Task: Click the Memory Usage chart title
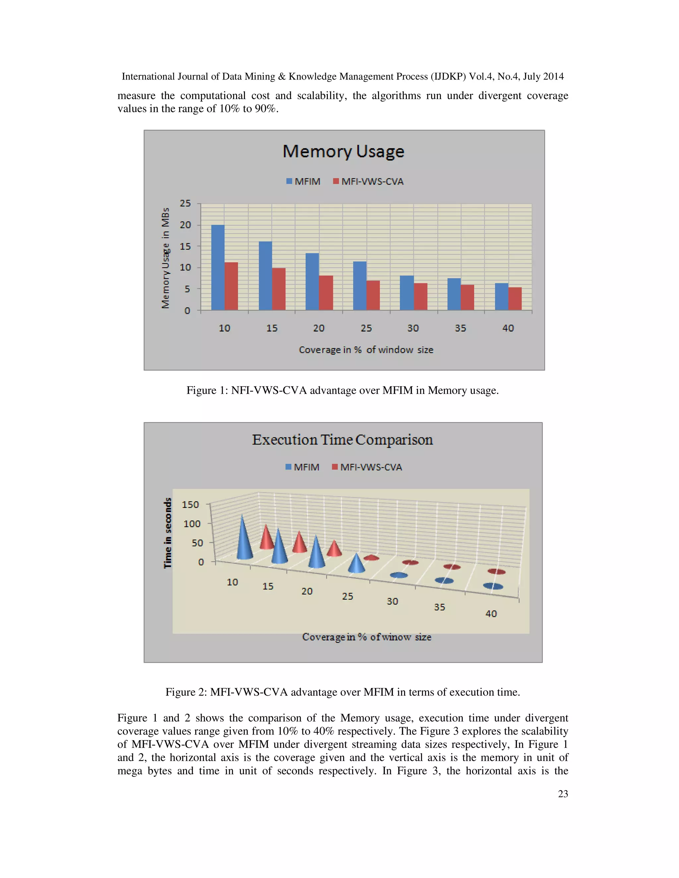343,151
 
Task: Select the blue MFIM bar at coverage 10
217,267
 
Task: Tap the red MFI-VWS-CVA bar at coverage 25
373,296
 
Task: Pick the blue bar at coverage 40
501,297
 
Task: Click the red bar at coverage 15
278,289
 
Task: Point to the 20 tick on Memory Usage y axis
185,225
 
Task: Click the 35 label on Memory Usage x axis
461,328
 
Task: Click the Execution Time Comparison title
342,440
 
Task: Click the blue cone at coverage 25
356,564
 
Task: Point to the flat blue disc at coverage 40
493,586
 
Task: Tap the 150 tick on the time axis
190,505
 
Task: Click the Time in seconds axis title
168,533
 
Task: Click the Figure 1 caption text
342,390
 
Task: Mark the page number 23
563,794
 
